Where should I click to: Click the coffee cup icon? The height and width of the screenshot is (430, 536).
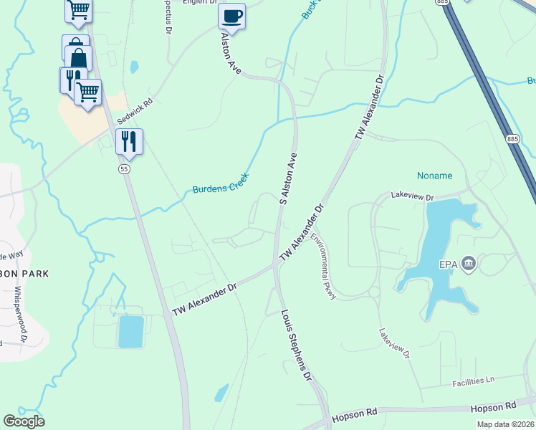click(x=231, y=16)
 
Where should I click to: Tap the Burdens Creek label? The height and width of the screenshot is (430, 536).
click(x=220, y=183)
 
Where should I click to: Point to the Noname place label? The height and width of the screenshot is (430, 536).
click(x=435, y=176)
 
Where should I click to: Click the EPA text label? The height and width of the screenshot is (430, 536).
click(x=449, y=264)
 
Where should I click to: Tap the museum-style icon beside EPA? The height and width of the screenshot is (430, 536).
click(x=469, y=264)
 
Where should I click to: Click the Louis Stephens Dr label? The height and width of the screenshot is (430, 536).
click(x=297, y=345)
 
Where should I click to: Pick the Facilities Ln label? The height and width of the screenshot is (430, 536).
click(x=473, y=382)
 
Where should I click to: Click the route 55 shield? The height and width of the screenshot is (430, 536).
click(x=125, y=168)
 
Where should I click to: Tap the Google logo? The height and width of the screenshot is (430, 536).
click(x=24, y=421)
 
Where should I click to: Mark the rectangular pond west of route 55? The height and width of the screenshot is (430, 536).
click(x=131, y=331)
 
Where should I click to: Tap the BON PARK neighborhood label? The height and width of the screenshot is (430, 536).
click(x=25, y=273)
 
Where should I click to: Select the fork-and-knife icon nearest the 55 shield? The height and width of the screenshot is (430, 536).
click(x=129, y=142)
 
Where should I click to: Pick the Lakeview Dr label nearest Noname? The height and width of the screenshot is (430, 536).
click(x=413, y=196)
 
